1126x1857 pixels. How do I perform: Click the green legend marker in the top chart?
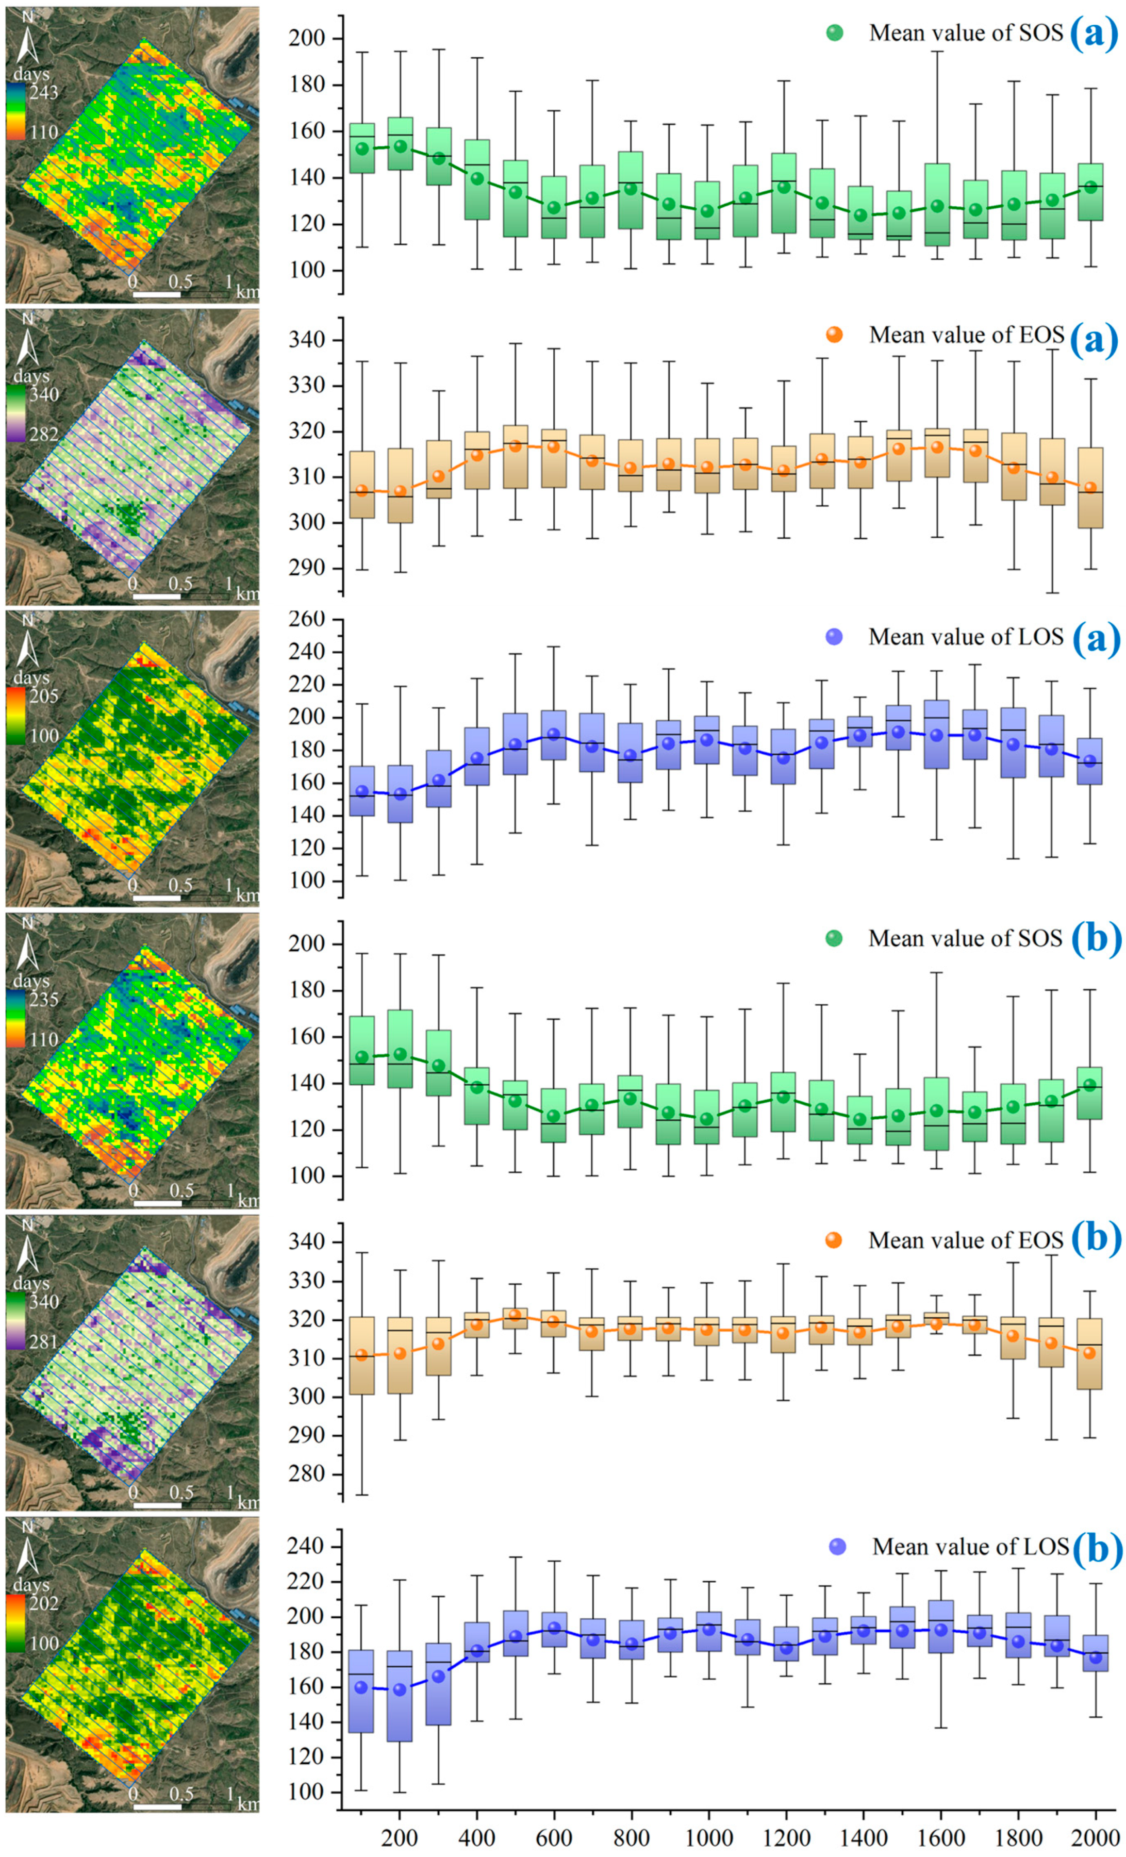834,33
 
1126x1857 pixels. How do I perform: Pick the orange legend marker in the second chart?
834,335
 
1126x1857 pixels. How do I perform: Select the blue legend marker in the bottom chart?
837,1547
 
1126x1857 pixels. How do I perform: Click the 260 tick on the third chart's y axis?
309,620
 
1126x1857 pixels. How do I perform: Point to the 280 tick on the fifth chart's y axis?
309,1475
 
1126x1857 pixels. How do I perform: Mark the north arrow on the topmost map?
28,41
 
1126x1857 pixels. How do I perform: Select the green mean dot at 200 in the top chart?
400,147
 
